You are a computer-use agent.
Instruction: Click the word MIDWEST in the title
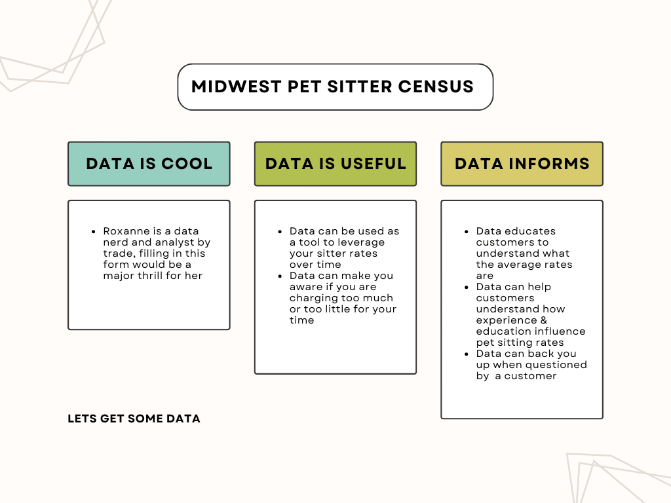236,87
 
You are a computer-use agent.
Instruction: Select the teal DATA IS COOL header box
149,164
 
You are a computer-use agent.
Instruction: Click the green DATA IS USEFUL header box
335,164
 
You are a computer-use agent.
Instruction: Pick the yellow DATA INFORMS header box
522,164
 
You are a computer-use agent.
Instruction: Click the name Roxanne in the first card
126,231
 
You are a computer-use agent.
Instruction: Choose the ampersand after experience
543,320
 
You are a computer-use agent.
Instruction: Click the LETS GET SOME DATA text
134,419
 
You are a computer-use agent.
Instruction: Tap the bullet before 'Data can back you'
467,354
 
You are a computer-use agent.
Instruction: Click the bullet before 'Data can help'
467,288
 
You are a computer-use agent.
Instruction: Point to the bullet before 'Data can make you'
280,276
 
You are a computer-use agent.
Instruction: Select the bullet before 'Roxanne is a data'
93,232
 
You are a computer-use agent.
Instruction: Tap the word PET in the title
304,87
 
